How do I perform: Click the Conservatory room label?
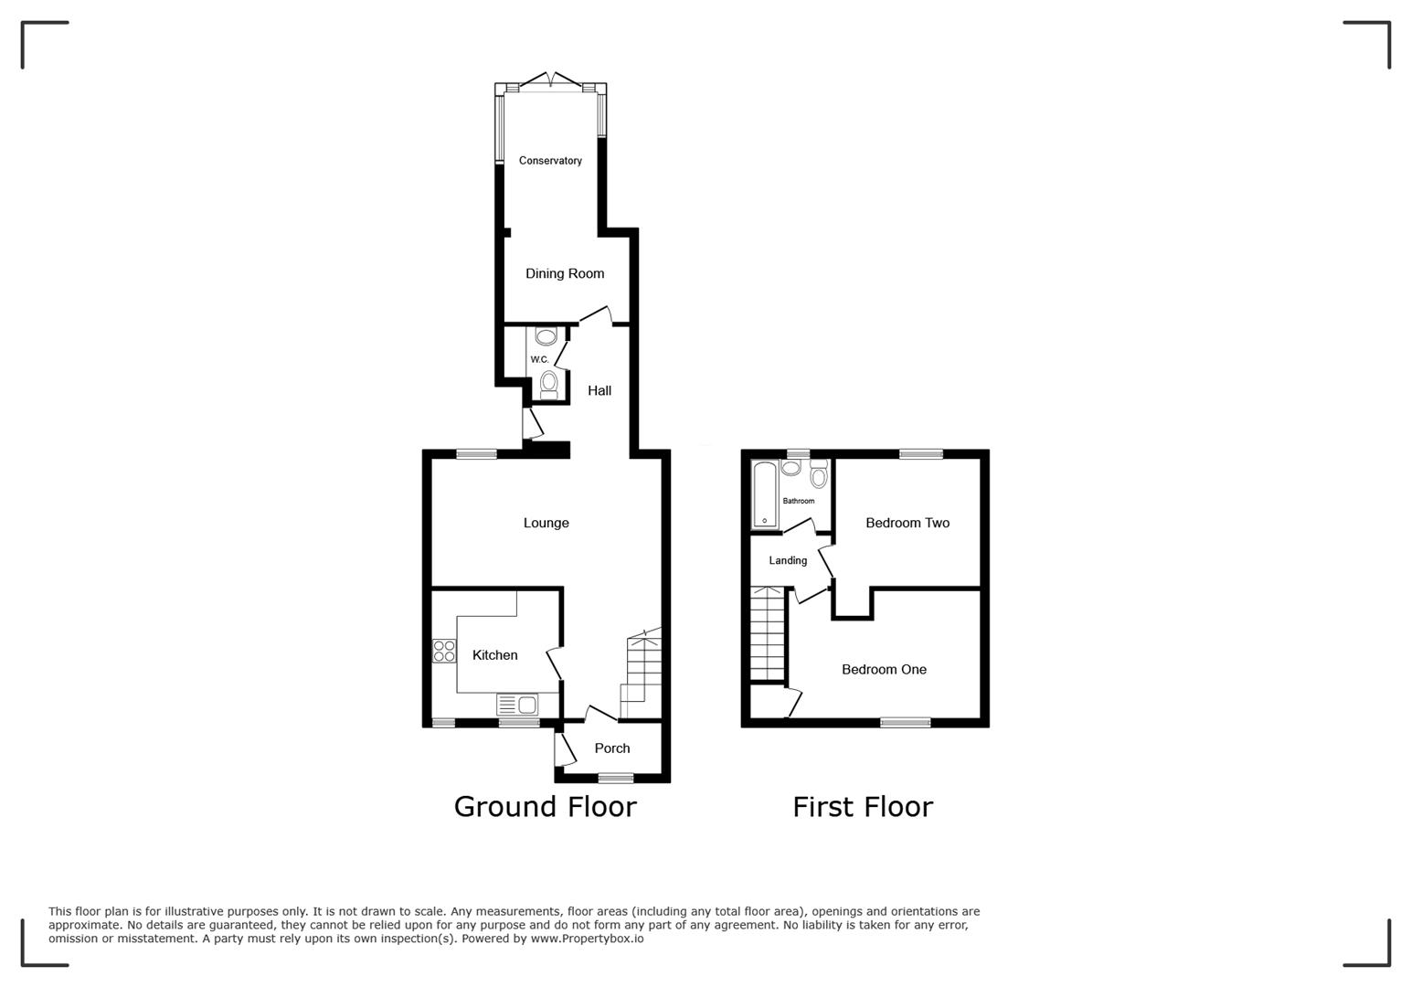click(550, 161)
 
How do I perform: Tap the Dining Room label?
click(565, 273)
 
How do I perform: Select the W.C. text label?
click(539, 359)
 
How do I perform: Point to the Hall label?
click(599, 390)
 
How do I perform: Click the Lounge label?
click(546, 523)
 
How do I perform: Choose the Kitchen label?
click(494, 655)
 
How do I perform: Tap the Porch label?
click(612, 748)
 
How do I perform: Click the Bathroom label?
click(799, 501)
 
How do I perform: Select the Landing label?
click(788, 560)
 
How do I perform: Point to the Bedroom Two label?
click(907, 523)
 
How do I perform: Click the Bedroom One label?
click(884, 669)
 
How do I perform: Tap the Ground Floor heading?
click(545, 806)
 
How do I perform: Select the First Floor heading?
click(862, 806)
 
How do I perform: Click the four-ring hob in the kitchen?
click(444, 651)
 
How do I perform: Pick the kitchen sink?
click(518, 705)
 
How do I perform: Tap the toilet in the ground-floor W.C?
click(548, 384)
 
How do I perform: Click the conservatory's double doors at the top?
click(551, 82)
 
